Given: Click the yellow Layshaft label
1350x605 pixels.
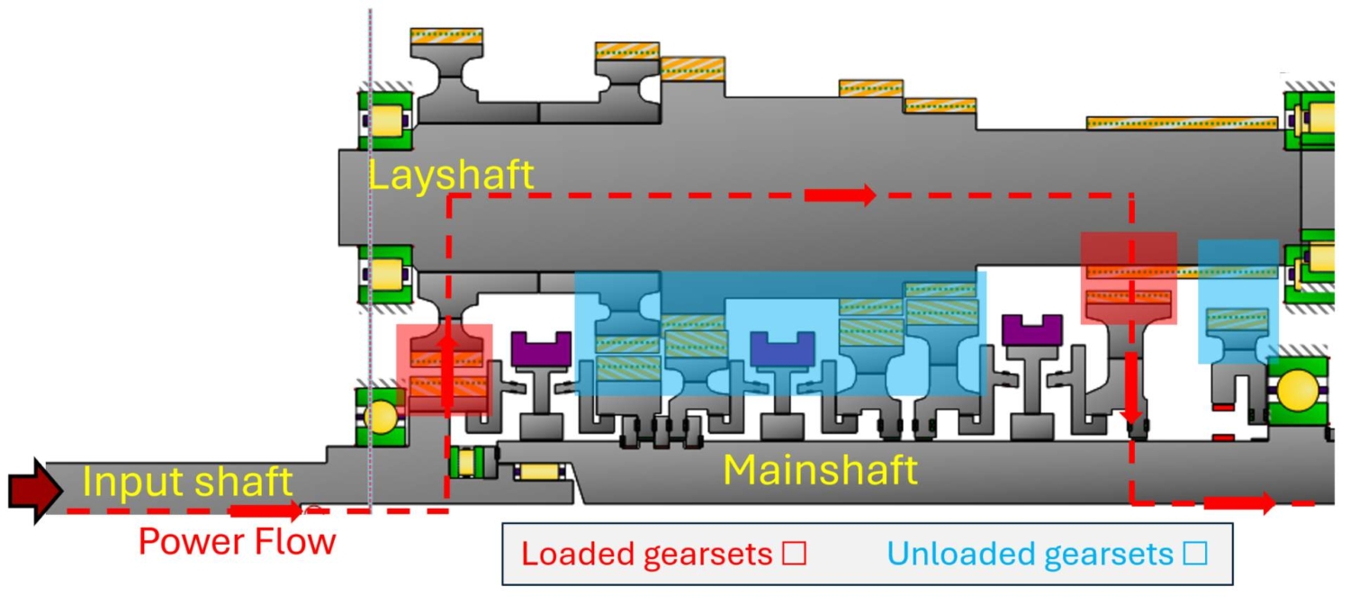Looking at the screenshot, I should click(x=450, y=176).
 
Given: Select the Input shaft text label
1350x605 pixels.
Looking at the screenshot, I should click(x=187, y=483).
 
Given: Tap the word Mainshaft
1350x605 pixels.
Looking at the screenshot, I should click(x=820, y=470).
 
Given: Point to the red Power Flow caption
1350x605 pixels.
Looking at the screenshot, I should click(x=237, y=542).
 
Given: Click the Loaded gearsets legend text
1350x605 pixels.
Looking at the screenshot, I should click(x=647, y=555).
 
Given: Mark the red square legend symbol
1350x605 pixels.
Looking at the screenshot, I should click(x=794, y=555).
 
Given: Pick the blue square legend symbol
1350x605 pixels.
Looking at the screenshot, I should click(x=1194, y=555).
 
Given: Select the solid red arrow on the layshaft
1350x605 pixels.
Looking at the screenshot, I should click(x=840, y=194).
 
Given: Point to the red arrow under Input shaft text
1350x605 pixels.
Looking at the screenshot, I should click(x=265, y=511).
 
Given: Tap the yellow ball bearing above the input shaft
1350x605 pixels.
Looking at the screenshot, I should click(x=379, y=417).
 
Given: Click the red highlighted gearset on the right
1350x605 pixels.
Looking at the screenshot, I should click(x=1129, y=278).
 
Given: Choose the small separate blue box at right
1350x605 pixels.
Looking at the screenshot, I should click(x=1237, y=302).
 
